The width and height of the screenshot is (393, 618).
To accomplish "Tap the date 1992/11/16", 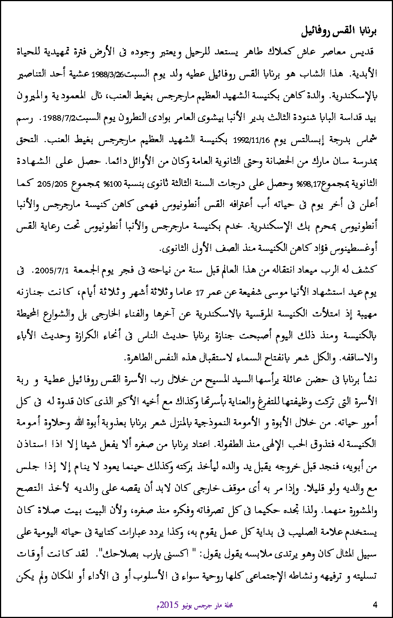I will pos(251,141).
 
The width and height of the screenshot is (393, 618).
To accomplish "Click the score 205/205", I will pos(52,184).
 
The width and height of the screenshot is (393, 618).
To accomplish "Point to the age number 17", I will pos(199,293).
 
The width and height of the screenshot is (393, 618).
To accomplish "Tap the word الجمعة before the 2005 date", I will pos(85,270).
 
